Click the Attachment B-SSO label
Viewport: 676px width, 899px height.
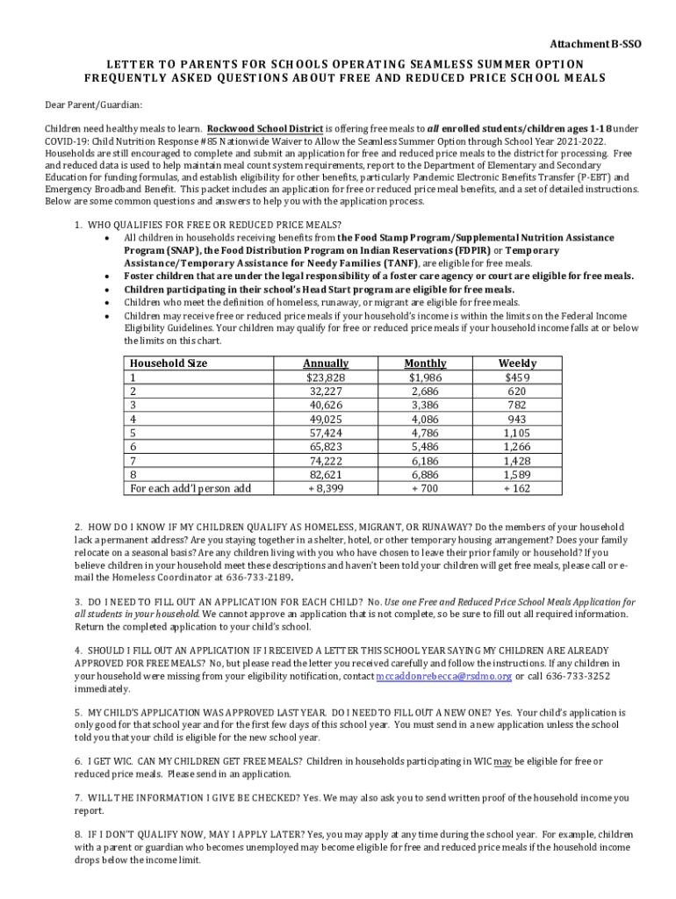pyautogui.click(x=595, y=43)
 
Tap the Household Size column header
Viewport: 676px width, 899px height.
pyautogui.click(x=169, y=363)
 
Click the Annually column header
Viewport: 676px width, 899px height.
pyautogui.click(x=326, y=363)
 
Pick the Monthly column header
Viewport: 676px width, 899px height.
pyautogui.click(x=425, y=363)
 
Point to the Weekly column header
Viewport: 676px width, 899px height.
pyautogui.click(x=517, y=363)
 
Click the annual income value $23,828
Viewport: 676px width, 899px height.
pyautogui.click(x=326, y=378)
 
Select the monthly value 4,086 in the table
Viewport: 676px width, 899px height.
pyautogui.click(x=425, y=419)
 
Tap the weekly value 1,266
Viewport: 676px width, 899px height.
pyautogui.click(x=517, y=447)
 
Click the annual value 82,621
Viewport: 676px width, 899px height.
pyautogui.click(x=326, y=474)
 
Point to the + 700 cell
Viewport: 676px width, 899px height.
pyautogui.click(x=425, y=488)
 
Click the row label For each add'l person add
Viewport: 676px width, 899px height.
pyautogui.click(x=191, y=488)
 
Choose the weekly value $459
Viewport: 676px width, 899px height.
pyautogui.click(x=517, y=378)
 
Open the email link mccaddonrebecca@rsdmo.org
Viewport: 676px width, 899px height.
pyautogui.click(x=432, y=676)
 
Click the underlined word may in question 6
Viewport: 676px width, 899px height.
pyautogui.click(x=502, y=761)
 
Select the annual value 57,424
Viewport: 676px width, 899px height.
pyautogui.click(x=326, y=433)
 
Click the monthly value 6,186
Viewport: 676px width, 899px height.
pyautogui.click(x=425, y=460)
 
